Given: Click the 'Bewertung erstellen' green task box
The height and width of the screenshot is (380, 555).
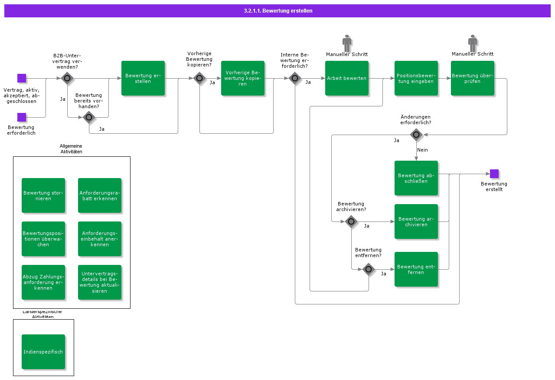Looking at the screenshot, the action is (143, 78).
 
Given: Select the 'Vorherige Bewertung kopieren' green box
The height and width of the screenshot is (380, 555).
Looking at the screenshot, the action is (243, 78).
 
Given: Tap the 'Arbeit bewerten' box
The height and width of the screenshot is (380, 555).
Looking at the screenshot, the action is (347, 78).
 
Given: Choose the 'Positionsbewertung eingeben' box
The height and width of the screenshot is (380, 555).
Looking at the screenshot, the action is (416, 78).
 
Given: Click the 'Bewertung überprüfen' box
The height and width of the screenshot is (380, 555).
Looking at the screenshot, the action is (473, 78).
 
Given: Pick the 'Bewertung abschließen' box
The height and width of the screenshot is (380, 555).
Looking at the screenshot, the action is (416, 178).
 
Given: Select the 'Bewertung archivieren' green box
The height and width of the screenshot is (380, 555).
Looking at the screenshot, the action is (416, 221).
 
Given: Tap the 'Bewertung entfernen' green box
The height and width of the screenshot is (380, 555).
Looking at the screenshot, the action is (416, 269).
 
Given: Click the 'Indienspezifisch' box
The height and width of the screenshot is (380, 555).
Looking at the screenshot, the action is (43, 352).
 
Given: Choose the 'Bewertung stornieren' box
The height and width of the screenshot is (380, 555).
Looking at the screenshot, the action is (43, 195).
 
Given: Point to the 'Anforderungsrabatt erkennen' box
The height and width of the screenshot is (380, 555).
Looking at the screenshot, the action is (100, 195).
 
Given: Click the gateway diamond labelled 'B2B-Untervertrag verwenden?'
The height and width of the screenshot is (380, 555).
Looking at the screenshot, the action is (67, 78).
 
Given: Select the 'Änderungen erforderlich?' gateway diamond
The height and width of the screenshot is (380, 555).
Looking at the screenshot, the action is (416, 135).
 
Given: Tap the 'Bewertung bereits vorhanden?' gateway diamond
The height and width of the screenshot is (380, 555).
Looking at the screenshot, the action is (89, 117).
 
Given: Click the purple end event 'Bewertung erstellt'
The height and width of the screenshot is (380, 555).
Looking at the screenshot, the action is (494, 174).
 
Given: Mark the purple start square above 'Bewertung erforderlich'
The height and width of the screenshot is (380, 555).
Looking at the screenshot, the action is (22, 117).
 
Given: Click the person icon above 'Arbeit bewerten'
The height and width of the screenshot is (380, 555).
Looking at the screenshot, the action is (347, 43).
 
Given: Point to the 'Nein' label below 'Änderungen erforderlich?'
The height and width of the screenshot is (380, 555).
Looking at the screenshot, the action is (422, 150).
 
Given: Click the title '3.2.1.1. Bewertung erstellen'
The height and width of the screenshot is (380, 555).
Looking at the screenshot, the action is (278, 11).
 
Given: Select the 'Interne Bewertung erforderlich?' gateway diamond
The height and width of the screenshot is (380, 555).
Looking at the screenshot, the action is (295, 78).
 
